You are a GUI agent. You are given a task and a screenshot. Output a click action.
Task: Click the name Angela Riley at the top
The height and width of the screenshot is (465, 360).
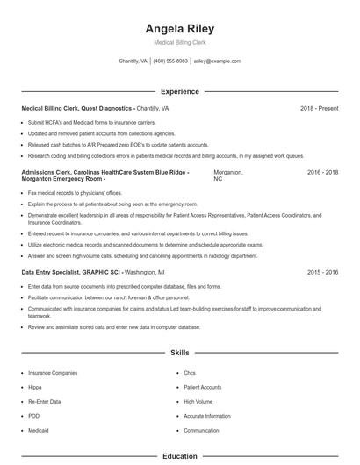coord(180,29)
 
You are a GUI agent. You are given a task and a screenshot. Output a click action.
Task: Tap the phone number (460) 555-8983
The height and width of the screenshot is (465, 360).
coord(171,61)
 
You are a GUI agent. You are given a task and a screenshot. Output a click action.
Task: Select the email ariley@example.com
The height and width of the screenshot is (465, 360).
coord(217,61)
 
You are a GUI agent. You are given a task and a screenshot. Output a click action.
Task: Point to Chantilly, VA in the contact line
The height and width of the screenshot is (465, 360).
coord(133,61)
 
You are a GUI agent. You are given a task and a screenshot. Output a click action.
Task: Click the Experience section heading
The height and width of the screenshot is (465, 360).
coord(180,91)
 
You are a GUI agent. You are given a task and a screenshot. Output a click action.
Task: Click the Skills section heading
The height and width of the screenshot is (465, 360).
coord(180,353)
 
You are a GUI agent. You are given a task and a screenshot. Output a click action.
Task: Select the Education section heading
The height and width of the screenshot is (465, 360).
coord(180,456)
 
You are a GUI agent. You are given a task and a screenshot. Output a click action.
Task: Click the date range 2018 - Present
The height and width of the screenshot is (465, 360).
coord(319,108)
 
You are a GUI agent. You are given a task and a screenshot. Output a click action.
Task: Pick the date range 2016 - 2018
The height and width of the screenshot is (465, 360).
coord(322,173)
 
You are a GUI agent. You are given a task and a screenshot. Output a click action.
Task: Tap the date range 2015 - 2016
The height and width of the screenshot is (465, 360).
coord(322,273)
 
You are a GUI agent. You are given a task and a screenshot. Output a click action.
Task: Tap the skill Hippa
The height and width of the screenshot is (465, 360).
coord(35,386)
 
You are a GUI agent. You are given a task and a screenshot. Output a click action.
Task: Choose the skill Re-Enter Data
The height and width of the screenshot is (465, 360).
coord(44,401)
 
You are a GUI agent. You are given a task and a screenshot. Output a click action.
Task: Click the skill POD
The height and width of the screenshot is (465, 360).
coord(33,416)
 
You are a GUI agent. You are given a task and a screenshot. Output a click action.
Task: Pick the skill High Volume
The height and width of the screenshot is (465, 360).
coord(198,401)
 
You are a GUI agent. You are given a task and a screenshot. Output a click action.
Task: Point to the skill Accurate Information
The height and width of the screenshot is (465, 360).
coord(207,416)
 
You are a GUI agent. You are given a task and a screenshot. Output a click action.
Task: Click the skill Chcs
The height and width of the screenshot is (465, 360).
coord(190,372)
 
